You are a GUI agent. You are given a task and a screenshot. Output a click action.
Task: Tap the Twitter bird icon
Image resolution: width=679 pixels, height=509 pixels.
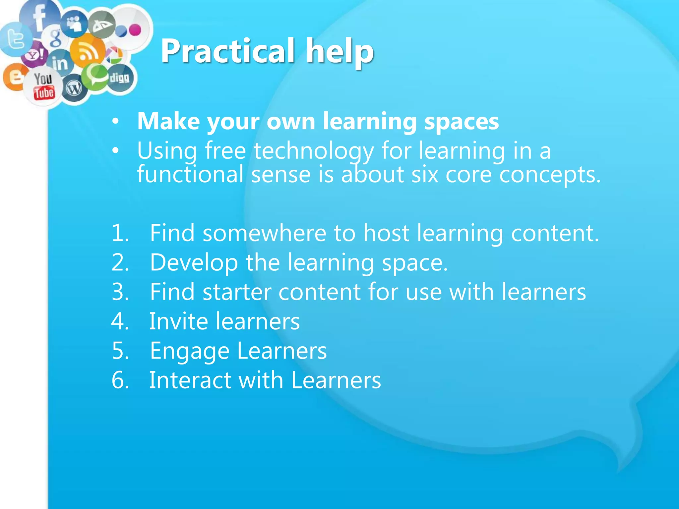tap(15, 39)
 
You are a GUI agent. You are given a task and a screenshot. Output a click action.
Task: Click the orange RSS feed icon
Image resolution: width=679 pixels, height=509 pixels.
tap(87, 51)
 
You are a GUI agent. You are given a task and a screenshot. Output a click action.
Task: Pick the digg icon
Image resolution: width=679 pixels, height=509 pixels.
tap(120, 78)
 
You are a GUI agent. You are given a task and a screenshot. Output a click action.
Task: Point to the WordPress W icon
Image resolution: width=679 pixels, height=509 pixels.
tap(74, 88)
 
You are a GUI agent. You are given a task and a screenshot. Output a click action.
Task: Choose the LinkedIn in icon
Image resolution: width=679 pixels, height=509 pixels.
tap(60, 63)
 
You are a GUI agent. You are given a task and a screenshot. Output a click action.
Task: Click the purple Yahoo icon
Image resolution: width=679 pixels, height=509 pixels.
tap(35, 54)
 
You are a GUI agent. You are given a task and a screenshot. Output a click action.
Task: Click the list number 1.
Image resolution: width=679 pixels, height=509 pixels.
tap(120, 233)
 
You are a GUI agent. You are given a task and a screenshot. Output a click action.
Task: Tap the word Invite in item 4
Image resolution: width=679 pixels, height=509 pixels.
tap(178, 321)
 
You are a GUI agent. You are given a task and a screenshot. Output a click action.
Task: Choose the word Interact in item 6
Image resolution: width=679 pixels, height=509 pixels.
tap(190, 380)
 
